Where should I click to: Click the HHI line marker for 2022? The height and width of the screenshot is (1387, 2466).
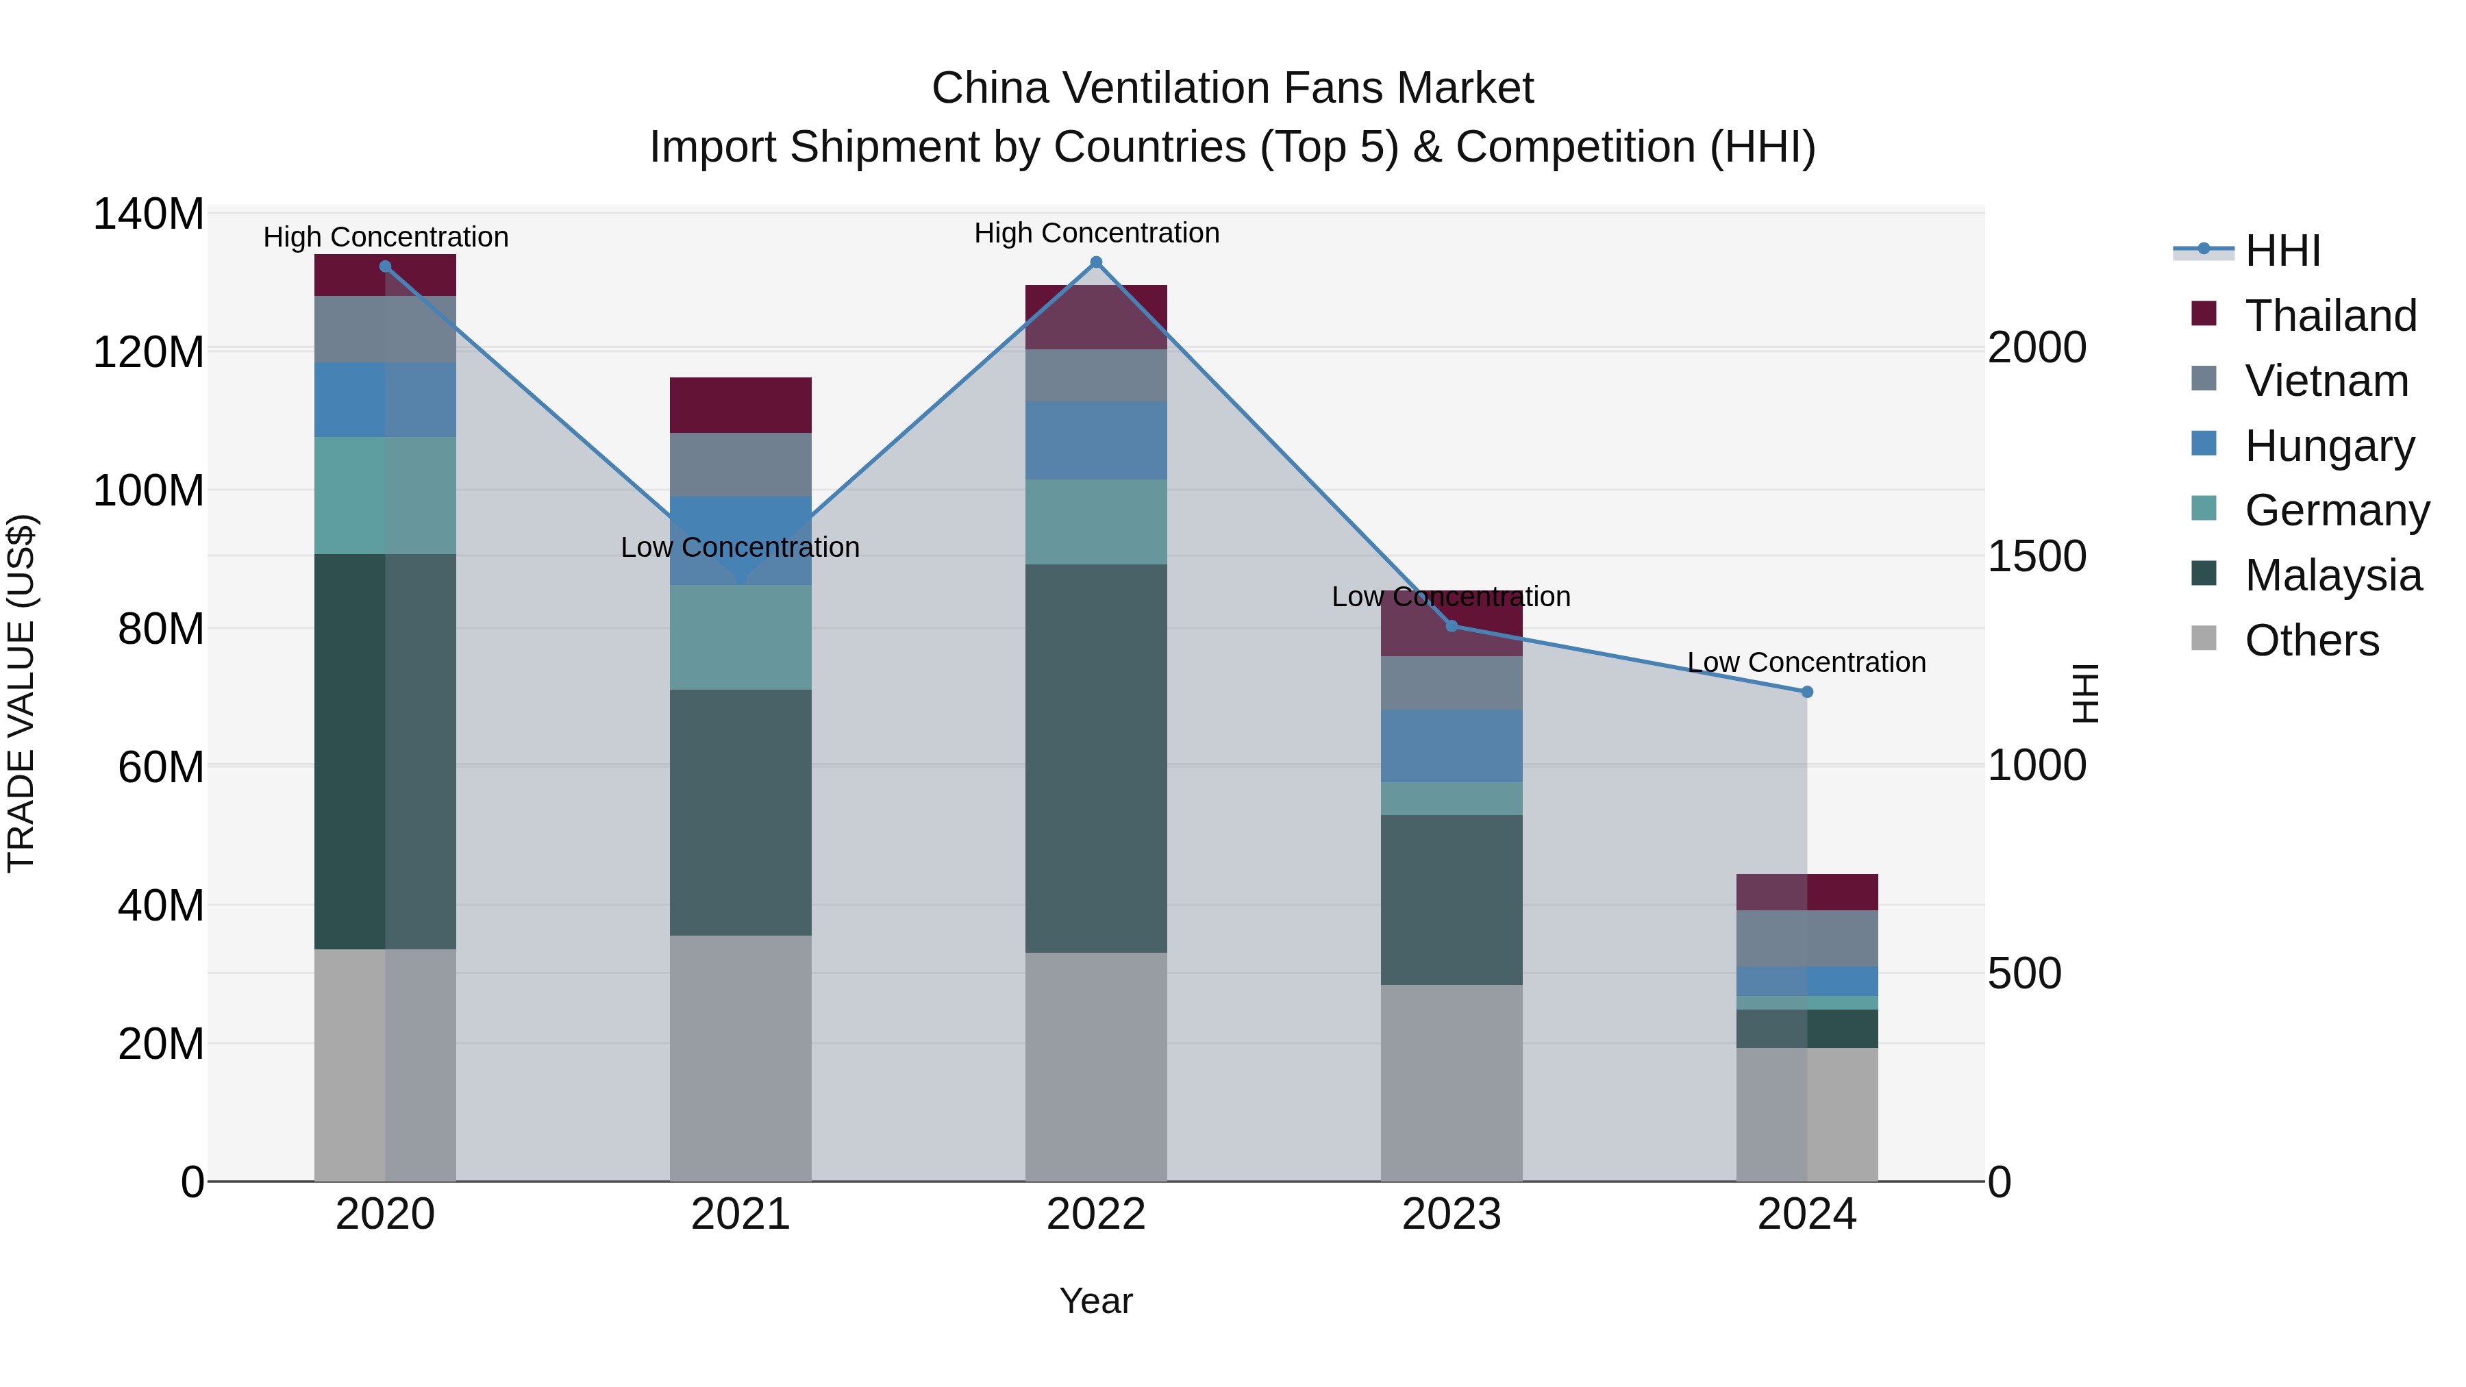(1096, 262)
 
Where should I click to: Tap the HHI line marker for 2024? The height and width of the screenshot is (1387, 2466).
(1806, 692)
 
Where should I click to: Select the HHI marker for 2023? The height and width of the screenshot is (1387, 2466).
(1452, 626)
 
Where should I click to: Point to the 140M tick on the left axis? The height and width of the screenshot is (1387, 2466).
(149, 214)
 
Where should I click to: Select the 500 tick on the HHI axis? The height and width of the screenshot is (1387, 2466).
(2023, 973)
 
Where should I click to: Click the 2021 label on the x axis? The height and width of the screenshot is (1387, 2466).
(740, 1214)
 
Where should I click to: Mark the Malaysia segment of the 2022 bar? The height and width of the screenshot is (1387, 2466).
(1096, 758)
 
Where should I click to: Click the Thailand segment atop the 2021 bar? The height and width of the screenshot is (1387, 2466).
(740, 405)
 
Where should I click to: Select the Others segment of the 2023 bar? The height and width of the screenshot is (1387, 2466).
(1452, 1083)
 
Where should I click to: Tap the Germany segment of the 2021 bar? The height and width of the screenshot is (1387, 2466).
(740, 638)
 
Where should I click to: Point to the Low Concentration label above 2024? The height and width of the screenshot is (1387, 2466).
(1806, 662)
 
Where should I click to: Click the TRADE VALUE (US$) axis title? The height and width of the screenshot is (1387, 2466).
(21, 693)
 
